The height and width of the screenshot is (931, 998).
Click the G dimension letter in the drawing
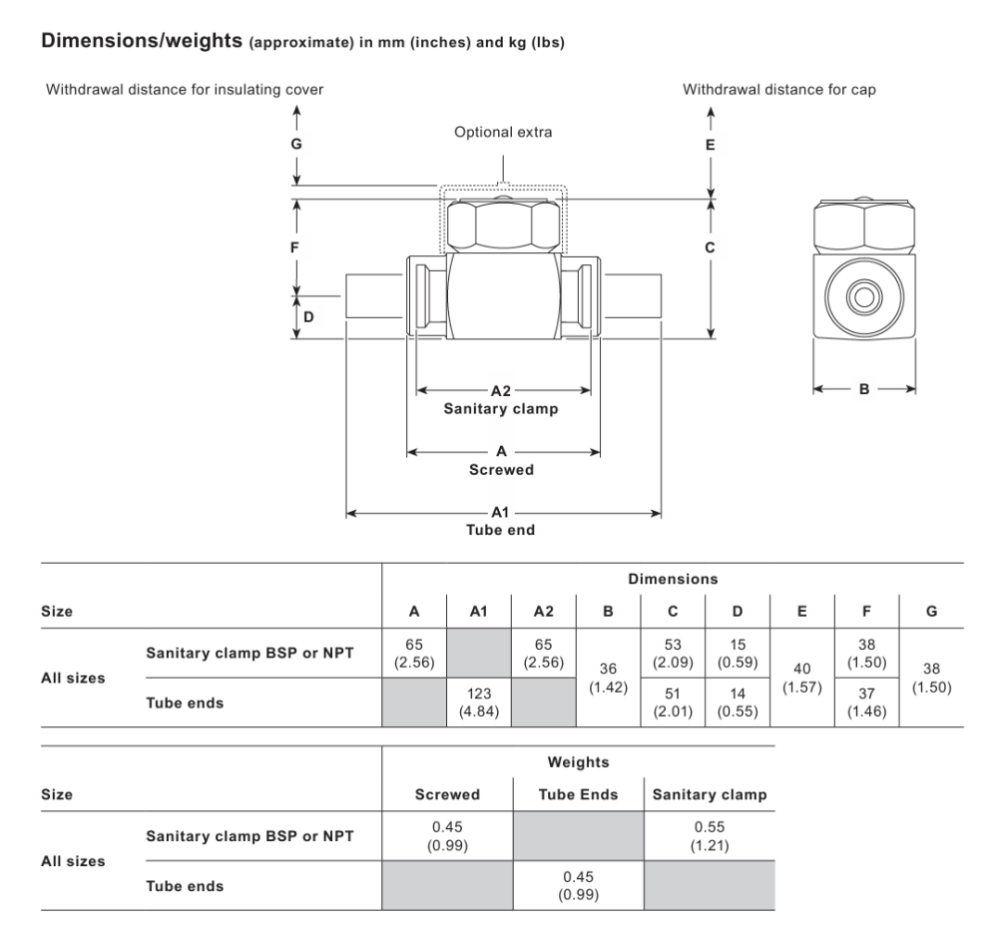(296, 144)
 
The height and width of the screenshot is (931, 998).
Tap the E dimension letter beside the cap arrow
(711, 145)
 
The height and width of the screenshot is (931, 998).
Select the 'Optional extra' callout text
(503, 132)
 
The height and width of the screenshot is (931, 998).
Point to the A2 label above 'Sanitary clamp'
(501, 390)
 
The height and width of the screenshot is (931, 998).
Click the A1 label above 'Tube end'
(500, 512)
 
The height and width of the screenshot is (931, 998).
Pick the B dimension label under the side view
(864, 389)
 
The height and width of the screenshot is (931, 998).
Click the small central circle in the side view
(864, 296)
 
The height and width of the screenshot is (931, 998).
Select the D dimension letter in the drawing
(308, 317)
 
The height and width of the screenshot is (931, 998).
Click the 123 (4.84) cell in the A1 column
(479, 702)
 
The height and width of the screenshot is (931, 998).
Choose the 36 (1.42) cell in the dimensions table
(608, 678)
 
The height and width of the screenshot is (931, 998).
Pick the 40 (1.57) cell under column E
(802, 678)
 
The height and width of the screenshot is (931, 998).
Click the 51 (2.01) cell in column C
(673, 702)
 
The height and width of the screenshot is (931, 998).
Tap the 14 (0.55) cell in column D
(738, 702)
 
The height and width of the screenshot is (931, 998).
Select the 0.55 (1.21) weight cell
(710, 836)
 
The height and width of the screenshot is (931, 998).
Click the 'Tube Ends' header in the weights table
(578, 794)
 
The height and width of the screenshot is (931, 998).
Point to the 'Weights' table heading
(578, 761)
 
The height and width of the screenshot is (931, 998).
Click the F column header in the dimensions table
(866, 611)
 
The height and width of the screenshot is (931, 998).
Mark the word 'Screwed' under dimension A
(502, 470)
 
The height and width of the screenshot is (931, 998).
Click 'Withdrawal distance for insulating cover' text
(185, 89)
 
